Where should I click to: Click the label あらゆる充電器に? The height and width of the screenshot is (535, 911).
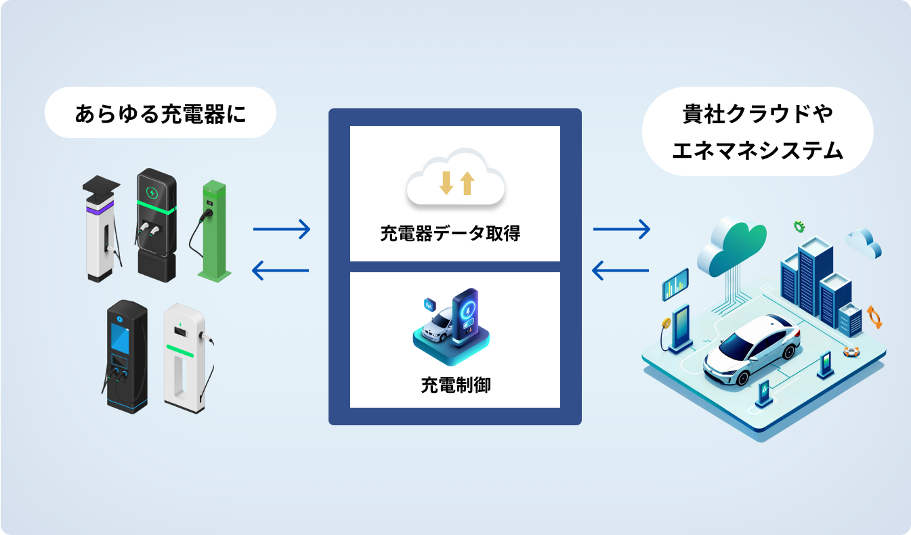pyautogui.click(x=161, y=113)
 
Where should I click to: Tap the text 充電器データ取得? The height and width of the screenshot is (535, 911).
pyautogui.click(x=450, y=234)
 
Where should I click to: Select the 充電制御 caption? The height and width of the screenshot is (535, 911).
pyautogui.click(x=455, y=385)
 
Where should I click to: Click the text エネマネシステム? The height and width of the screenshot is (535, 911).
pyautogui.click(x=757, y=150)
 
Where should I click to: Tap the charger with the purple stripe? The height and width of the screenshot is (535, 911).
pyautogui.click(x=102, y=228)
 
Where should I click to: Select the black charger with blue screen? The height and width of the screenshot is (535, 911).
pyautogui.click(x=125, y=357)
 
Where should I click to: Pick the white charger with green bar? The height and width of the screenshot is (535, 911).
pyautogui.click(x=188, y=358)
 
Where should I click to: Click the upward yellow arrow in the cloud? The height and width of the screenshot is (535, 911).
pyautogui.click(x=467, y=184)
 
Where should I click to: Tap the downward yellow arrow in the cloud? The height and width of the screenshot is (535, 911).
pyautogui.click(x=446, y=184)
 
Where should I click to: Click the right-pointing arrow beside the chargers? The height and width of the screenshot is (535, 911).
pyautogui.click(x=282, y=230)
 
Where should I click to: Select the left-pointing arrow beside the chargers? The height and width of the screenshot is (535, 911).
pyautogui.click(x=280, y=270)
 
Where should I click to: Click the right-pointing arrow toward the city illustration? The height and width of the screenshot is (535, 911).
pyautogui.click(x=621, y=230)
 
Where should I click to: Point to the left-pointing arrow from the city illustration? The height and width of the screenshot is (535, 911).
pyautogui.click(x=620, y=270)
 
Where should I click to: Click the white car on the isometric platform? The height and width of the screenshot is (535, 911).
pyautogui.click(x=752, y=349)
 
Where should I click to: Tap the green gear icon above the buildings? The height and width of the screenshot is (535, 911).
pyautogui.click(x=799, y=226)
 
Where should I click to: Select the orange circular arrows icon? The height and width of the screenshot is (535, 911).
pyautogui.click(x=874, y=317)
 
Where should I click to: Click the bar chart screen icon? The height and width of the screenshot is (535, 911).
pyautogui.click(x=675, y=284)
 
